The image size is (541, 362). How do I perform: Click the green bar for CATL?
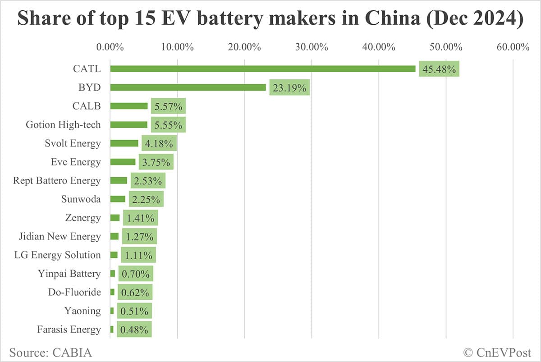pyautogui.click(x=263, y=69)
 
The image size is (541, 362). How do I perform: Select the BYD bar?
pyautogui.click(x=188, y=87)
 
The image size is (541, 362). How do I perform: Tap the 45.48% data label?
pyautogui.click(x=439, y=69)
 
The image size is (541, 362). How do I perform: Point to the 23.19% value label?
pyautogui.click(x=289, y=87)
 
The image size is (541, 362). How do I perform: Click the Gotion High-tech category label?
pyautogui.click(x=63, y=125)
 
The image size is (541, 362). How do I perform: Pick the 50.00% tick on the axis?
pyautogui.click(x=445, y=47)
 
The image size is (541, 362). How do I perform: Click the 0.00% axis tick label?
pyautogui.click(x=110, y=47)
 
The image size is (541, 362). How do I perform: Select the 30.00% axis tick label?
pyautogui.click(x=312, y=47)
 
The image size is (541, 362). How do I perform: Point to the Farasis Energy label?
pyautogui.click(x=69, y=330)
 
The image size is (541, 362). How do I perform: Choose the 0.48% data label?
pyautogui.click(x=134, y=330)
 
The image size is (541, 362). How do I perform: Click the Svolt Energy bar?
pyautogui.click(x=124, y=143)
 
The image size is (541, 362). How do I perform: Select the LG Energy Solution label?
pyautogui.click(x=58, y=255)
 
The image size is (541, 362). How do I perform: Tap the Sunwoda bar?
pyautogui.click(x=118, y=199)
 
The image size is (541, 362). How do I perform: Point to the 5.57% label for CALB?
pyautogui.click(x=168, y=106)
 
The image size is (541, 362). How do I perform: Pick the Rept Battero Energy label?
pyautogui.click(x=57, y=181)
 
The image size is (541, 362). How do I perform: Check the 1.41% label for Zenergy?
pyautogui.click(x=140, y=218)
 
